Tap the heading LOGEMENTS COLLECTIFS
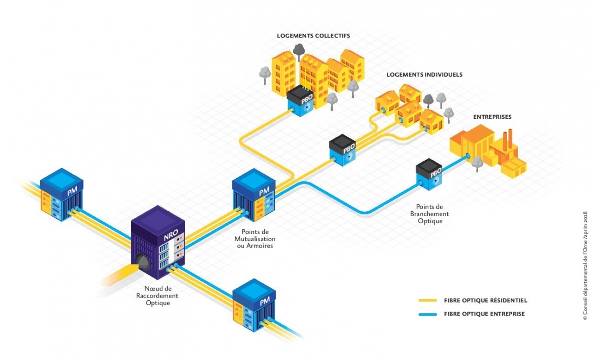(313, 36)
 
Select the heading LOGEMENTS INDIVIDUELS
(424, 74)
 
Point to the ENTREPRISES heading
(492, 117)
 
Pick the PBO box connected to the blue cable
(429, 174)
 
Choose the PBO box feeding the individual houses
(342, 149)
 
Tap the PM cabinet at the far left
(61, 192)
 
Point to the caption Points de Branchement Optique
(429, 214)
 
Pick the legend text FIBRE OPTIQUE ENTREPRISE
(484, 314)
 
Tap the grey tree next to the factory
(477, 163)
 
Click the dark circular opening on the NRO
(143, 262)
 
